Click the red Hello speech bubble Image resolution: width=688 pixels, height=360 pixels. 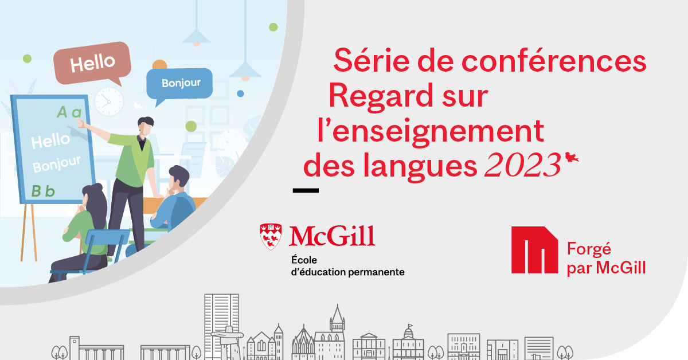(x=92, y=63)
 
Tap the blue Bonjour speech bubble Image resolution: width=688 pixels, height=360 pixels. (x=179, y=84)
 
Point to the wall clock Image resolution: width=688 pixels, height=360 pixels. (x=109, y=101)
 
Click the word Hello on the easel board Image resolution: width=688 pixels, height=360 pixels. (x=50, y=140)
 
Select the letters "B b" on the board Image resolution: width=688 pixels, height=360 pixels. (x=43, y=191)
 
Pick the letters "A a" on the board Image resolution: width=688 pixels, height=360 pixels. (x=69, y=112)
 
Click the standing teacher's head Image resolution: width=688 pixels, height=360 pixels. (x=145, y=126)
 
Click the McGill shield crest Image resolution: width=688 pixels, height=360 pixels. (x=271, y=237)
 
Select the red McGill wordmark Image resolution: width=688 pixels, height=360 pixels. (x=332, y=236)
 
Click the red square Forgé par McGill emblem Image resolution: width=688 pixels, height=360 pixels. (x=534, y=250)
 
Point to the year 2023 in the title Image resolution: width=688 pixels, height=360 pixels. (x=522, y=165)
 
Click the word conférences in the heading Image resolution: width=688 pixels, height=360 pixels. (x=554, y=61)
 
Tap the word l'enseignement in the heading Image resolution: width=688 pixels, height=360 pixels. (x=431, y=131)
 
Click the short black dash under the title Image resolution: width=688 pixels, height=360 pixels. (x=306, y=190)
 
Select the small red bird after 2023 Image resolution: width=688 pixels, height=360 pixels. (x=572, y=157)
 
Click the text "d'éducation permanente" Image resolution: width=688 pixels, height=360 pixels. (x=347, y=272)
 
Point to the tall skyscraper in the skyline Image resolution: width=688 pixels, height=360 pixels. (x=221, y=326)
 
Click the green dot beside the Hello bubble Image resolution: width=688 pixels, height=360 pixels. (x=28, y=58)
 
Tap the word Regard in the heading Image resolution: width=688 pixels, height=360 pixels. (x=381, y=96)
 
